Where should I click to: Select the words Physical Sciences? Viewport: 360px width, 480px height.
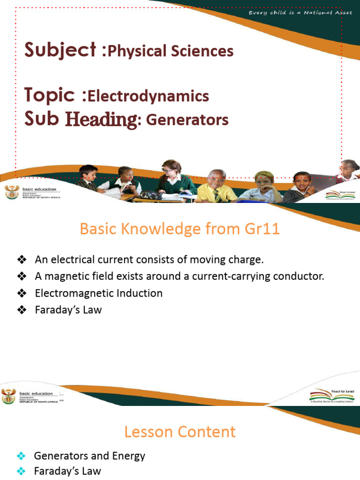pyautogui.click(x=171, y=51)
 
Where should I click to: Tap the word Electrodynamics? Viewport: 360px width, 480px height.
pyautogui.click(x=148, y=96)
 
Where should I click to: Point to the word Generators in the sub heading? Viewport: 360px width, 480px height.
pyautogui.click(x=187, y=120)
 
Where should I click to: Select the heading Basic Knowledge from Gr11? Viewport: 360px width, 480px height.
pyautogui.click(x=180, y=229)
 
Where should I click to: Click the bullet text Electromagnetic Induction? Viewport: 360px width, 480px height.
pyautogui.click(x=98, y=293)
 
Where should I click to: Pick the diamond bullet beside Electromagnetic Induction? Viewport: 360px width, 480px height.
pyautogui.click(x=21, y=293)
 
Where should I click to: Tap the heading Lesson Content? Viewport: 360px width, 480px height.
pyautogui.click(x=180, y=432)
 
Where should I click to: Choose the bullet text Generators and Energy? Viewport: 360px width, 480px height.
pyautogui.click(x=90, y=456)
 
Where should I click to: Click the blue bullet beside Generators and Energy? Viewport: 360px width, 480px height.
pyautogui.click(x=21, y=456)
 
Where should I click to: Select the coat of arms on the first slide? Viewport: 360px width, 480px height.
pyautogui.click(x=10, y=192)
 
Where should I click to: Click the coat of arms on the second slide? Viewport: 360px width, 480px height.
pyautogui.click(x=8, y=396)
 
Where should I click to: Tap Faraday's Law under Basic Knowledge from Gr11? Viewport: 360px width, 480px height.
pyautogui.click(x=68, y=310)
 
